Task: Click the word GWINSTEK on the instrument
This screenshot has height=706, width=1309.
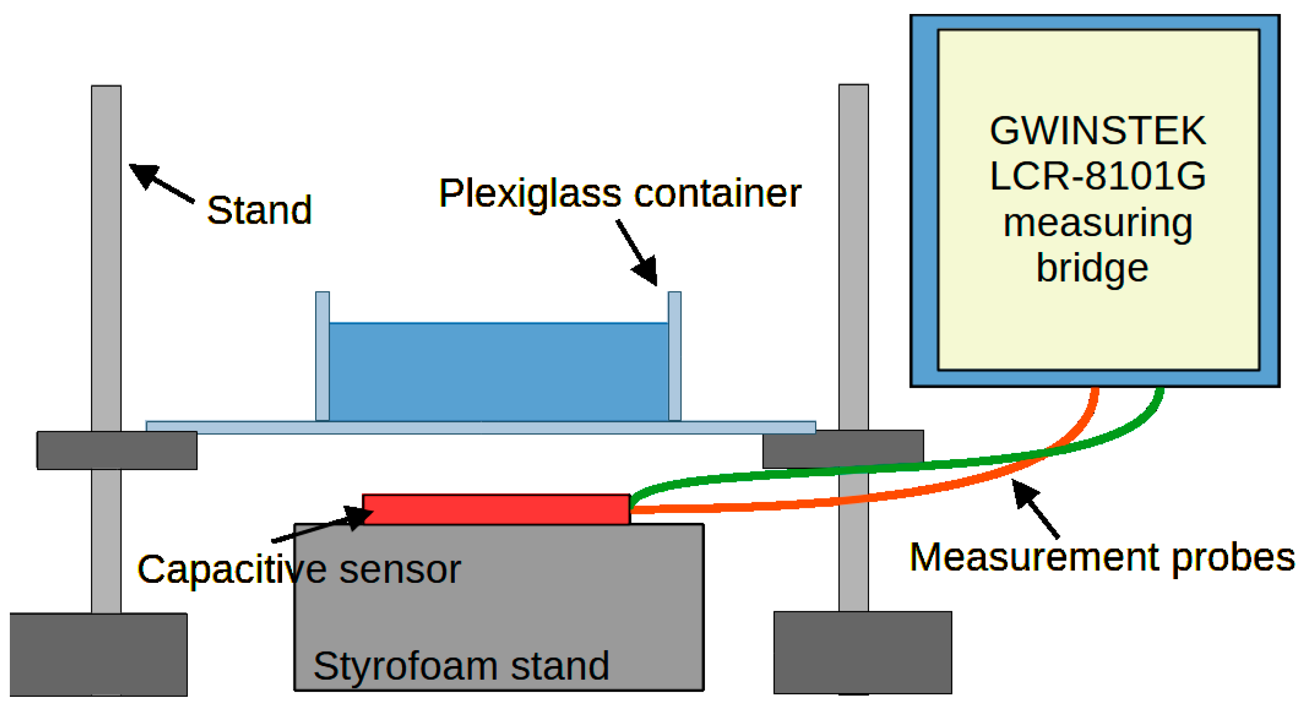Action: (x=1097, y=131)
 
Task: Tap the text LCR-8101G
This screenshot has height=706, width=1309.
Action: (x=1097, y=176)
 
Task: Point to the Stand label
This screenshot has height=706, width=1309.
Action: (x=259, y=211)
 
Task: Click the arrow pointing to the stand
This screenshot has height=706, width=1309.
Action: (x=160, y=183)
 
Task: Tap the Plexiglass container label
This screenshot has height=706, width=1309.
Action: (x=620, y=194)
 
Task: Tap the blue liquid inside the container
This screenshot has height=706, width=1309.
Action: (x=498, y=372)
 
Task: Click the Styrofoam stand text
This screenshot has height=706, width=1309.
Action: (x=461, y=666)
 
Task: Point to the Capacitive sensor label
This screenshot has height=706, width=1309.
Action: (x=299, y=570)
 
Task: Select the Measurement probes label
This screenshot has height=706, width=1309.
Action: (x=1101, y=557)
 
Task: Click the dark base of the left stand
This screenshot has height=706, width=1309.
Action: (x=98, y=654)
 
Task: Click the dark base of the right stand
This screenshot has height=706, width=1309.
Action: (x=862, y=652)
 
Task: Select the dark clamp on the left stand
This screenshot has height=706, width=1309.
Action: (x=117, y=450)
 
